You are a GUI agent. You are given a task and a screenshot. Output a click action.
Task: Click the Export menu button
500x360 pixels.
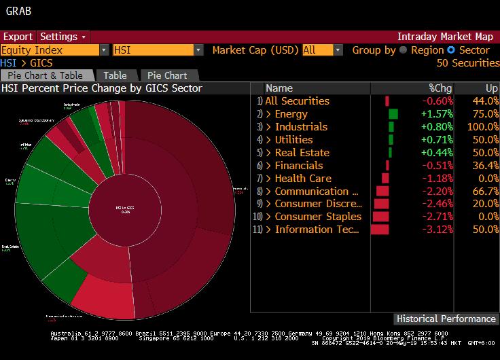[x=18, y=37]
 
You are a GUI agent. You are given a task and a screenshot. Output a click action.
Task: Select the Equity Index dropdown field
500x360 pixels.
[x=54, y=50]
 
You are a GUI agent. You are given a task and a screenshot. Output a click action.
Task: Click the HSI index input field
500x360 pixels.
[x=157, y=50]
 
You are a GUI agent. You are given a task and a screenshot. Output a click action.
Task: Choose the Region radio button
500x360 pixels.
[x=403, y=50]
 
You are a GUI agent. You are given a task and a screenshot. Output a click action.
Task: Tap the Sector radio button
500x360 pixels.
[x=450, y=50]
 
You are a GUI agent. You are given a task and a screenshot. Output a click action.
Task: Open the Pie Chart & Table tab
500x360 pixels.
[x=45, y=75]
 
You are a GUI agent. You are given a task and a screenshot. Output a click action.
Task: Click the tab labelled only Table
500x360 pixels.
[x=115, y=75]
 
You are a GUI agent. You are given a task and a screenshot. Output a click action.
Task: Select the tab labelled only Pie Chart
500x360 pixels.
[x=168, y=75]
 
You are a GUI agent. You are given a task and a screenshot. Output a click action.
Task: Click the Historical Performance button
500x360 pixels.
[x=446, y=319]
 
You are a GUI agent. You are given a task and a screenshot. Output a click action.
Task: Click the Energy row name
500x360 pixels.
[x=291, y=114]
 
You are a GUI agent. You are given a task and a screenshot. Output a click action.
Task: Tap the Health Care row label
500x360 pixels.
[x=303, y=179]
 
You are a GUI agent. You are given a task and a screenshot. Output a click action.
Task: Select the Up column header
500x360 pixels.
[x=492, y=88]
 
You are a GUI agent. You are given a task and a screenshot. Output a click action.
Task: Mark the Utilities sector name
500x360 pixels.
[x=293, y=140]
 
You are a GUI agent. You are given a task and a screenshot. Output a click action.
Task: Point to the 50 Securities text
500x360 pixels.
[x=467, y=63]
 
